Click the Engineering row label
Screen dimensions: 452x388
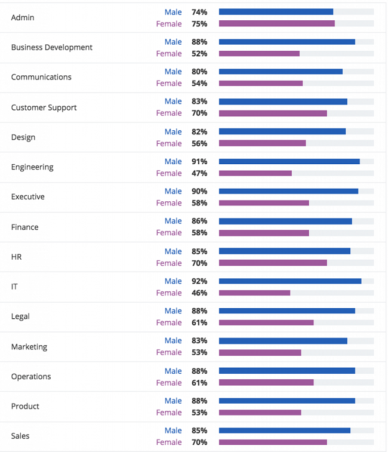[x=32, y=167]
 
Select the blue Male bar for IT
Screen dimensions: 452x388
[x=290, y=281]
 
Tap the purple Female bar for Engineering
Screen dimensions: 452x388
[x=255, y=173]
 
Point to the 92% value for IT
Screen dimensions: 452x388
[x=199, y=281]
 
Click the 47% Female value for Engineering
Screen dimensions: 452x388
[x=199, y=173]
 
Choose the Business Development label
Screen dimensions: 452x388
[x=52, y=47]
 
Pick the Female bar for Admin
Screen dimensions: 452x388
[x=277, y=23]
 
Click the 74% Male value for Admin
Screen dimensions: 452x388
[x=199, y=11]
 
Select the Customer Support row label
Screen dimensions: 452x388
[x=44, y=107]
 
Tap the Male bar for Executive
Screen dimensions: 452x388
[x=288, y=191]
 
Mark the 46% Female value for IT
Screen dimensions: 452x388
[x=199, y=293]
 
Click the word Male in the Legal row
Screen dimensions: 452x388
[x=173, y=310]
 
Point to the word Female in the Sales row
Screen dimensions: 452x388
[x=169, y=442]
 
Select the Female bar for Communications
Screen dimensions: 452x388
[x=261, y=83]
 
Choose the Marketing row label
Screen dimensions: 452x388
[x=29, y=347]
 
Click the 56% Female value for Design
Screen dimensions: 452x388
[x=199, y=143]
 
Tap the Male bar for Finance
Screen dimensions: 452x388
[x=285, y=221]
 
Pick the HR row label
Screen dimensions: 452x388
[x=17, y=257]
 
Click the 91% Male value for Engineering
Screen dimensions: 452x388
[x=199, y=161]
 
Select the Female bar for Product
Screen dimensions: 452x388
[x=260, y=413]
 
